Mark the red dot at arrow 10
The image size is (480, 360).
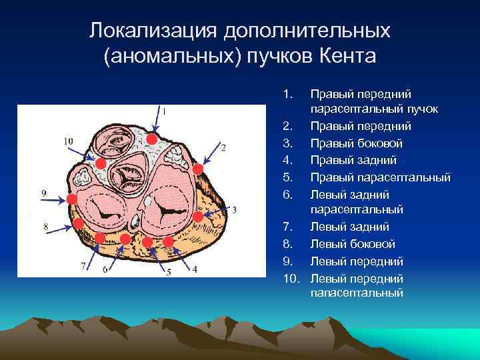tap(100, 163)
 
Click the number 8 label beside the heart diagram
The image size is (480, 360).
tap(45, 227)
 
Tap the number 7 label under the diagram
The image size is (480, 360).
tap(83, 266)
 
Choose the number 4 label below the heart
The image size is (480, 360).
tap(195, 269)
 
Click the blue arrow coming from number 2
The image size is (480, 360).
tap(211, 154)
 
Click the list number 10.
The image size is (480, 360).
tap(290, 277)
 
